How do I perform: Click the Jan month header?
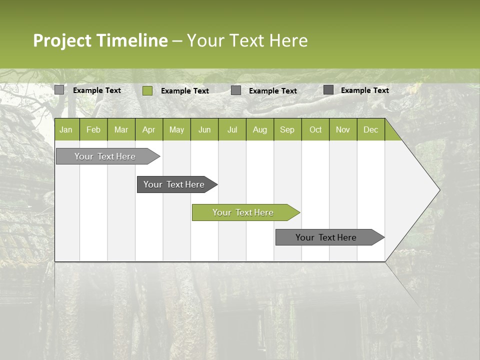pos(66,130)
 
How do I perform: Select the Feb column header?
pos(93,130)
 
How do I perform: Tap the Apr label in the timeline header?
pos(148,130)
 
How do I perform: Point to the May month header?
pos(176,130)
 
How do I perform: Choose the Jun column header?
pos(204,130)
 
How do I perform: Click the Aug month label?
pos(259,130)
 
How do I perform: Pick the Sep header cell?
pos(287,130)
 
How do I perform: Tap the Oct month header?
pos(315,130)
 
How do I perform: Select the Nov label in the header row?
pos(343,130)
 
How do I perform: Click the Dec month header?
pos(370,130)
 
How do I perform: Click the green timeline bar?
pos(245,212)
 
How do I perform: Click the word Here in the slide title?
pos(288,40)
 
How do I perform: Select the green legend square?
pos(147,90)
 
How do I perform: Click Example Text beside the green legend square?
pos(185,91)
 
